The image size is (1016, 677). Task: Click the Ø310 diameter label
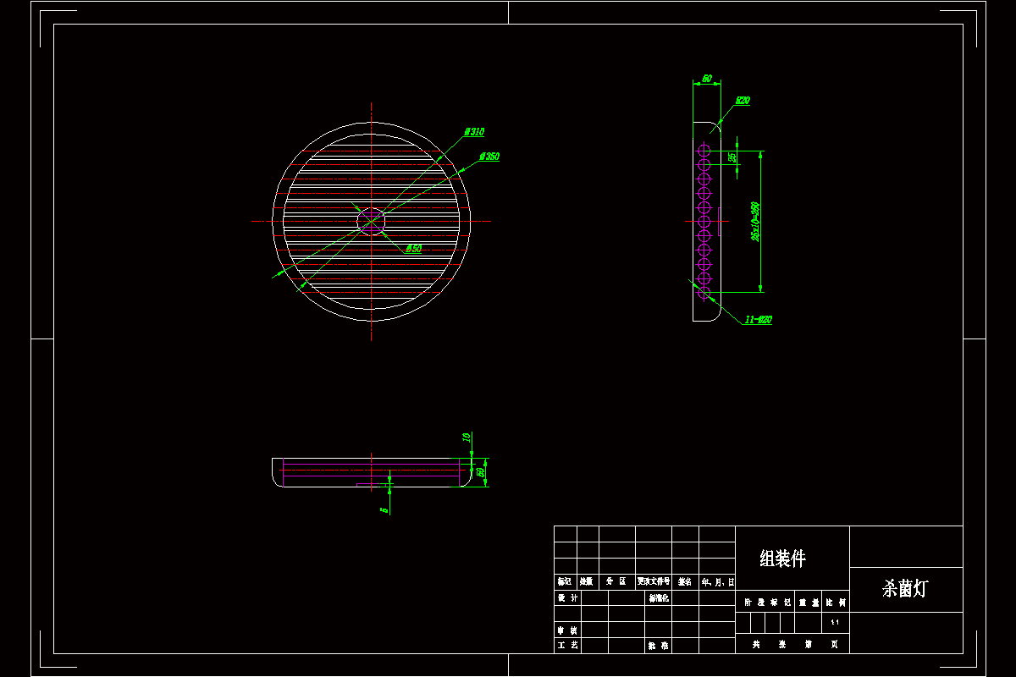(474, 132)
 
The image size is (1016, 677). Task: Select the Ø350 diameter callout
(489, 157)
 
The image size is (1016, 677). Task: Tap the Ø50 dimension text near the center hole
(413, 249)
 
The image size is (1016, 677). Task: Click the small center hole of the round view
(372, 221)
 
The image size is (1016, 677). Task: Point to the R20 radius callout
(742, 101)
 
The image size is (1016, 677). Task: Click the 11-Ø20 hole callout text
(758, 320)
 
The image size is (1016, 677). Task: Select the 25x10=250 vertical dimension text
(755, 222)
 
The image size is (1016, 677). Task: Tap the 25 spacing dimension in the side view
(732, 157)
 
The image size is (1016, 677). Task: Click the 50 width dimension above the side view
(707, 79)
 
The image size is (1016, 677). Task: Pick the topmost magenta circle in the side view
(704, 150)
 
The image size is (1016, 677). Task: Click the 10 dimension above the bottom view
(466, 438)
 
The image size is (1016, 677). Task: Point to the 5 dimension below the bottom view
(384, 509)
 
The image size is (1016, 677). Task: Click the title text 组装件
(782, 559)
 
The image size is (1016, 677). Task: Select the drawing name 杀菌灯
(904, 589)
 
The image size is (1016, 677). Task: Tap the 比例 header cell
(836, 603)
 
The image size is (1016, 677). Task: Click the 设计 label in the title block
(567, 598)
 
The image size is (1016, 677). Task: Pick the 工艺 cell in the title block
(567, 646)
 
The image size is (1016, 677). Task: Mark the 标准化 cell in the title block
(659, 598)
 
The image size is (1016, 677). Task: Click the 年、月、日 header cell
(717, 582)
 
